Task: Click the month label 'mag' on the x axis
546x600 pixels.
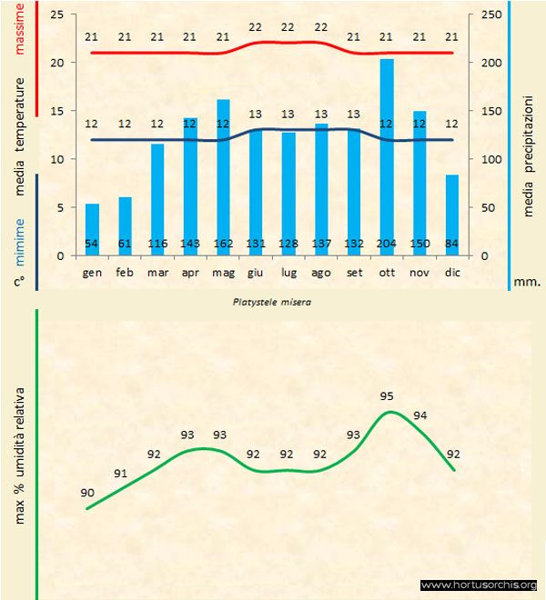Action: tap(223, 272)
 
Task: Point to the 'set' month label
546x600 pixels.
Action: tap(354, 272)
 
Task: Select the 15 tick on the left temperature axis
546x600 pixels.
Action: tap(56, 112)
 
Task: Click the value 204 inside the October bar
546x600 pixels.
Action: tap(387, 244)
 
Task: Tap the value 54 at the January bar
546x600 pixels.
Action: tap(92, 244)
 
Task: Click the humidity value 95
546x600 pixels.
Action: tap(387, 395)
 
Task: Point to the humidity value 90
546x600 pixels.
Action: tap(87, 493)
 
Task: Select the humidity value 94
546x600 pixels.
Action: tap(420, 415)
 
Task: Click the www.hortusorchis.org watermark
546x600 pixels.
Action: tap(480, 585)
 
